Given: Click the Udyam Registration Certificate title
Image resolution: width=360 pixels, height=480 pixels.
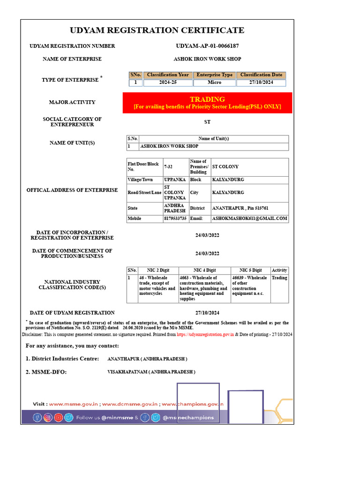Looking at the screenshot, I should coord(157,30).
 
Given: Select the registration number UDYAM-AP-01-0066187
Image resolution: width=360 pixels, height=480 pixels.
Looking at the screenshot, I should coord(207,46).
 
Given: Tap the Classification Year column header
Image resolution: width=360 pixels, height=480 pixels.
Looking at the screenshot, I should coord(167,75).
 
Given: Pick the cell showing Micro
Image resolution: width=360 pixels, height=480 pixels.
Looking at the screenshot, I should coord(214,82).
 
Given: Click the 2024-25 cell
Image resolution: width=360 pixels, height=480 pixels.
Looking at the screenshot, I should coord(167,82).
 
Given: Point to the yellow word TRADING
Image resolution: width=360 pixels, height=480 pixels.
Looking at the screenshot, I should coord(207,99).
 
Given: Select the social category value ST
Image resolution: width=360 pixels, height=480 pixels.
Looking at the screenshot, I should coord(207,122).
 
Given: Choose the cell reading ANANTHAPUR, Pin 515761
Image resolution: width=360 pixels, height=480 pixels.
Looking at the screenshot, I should coord(240,208).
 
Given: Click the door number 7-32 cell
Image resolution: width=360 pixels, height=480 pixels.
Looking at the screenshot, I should coord(168,167).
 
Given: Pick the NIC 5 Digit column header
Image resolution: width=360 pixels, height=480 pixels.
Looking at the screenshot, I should coord(250,270).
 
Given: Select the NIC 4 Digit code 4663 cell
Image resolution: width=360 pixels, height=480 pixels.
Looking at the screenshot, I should coord(204,288).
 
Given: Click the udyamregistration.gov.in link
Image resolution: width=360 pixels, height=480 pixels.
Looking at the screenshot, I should coord(205,335).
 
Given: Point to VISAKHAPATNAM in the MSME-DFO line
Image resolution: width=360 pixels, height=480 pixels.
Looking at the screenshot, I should coord(151,372).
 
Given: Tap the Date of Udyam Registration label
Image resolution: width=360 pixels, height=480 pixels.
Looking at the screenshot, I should coord(72,313).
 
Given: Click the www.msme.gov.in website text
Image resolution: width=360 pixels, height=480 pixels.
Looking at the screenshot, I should coord(73,404).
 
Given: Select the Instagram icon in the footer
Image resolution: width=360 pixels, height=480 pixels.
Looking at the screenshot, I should coord(48,417).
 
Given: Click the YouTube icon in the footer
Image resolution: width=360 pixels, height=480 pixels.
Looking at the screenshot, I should coord(58,417).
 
